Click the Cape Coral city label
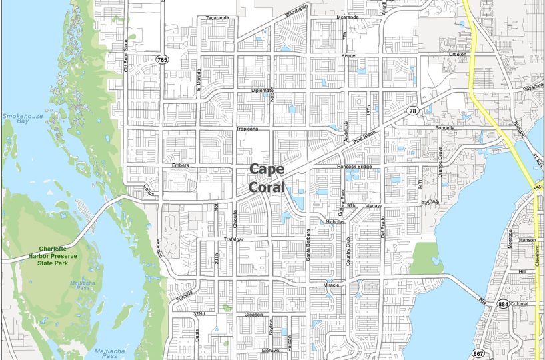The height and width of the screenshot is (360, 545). [x=267, y=179]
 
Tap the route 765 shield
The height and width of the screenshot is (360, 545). [x=162, y=60]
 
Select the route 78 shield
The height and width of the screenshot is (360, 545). [x=413, y=111]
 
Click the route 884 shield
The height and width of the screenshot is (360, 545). [x=503, y=304]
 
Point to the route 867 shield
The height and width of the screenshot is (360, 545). [x=478, y=353]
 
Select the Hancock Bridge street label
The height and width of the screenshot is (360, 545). [x=354, y=166]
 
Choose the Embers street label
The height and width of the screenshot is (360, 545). [x=181, y=165]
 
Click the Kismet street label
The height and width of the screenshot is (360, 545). [x=349, y=55]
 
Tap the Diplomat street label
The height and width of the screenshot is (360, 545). [x=261, y=90]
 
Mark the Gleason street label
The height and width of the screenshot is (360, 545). [x=254, y=313]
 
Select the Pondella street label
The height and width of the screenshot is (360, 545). [x=444, y=127]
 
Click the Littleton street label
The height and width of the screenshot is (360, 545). [x=458, y=54]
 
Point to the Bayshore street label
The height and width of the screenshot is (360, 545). [x=533, y=87]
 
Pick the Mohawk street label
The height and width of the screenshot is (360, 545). [x=269, y=350]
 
